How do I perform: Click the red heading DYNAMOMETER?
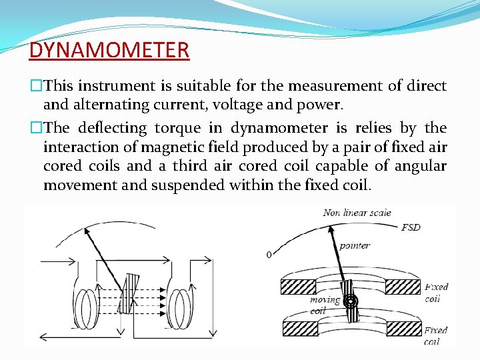point(109,49)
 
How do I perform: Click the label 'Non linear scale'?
point(357,213)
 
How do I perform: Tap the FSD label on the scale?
point(411,227)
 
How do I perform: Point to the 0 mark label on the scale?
point(269,255)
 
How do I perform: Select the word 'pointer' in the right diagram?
point(355,245)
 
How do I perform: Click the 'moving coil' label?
point(325,305)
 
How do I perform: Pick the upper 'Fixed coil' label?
point(437,292)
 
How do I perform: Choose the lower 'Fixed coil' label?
point(436,335)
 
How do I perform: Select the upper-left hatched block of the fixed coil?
point(299,287)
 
